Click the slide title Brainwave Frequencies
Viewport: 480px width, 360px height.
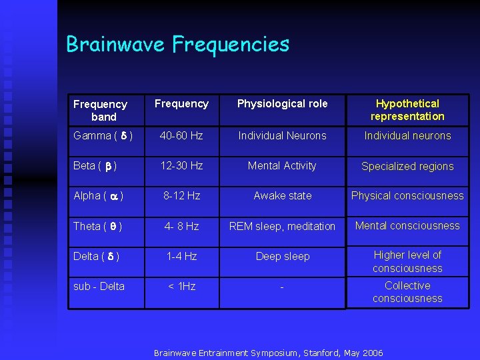pos(177,45)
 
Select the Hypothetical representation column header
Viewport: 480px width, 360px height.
pos(407,110)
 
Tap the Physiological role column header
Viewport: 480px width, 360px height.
pos(282,103)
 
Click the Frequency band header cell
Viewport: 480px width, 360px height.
pos(100,110)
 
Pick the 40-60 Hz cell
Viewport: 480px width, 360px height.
pos(181,135)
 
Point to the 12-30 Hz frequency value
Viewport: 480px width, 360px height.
pos(181,165)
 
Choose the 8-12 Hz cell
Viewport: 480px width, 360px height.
pos(181,195)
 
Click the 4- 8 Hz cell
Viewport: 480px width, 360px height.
pos(181,226)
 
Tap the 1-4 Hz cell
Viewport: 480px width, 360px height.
pos(181,256)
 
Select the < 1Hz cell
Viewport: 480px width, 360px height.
pos(181,286)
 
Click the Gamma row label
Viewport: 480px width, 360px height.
pos(103,135)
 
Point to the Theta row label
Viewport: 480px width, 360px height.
pos(97,226)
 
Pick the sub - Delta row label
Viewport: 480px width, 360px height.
pos(99,286)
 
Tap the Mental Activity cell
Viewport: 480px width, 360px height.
pos(282,165)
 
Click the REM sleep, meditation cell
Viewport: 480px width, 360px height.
pos(282,227)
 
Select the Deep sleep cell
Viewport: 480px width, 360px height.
pos(282,256)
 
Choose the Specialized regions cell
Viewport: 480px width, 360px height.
pos(407,166)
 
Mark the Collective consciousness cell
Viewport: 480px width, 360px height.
pos(407,292)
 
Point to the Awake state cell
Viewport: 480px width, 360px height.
pos(282,195)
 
